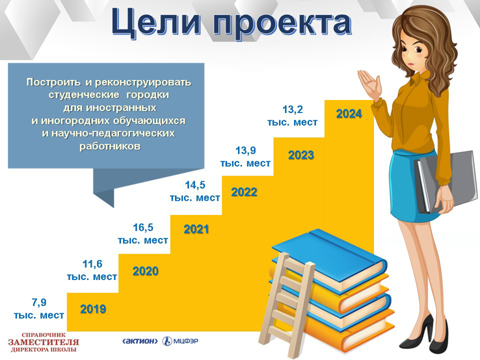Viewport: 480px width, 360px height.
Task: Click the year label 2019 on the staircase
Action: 93,309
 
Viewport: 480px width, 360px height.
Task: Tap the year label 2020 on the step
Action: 146,271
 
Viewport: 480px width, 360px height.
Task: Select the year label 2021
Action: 196,229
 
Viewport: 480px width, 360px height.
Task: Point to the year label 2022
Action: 244,192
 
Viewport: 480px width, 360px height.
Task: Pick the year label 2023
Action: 301,155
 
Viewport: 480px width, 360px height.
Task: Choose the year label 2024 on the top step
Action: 349,114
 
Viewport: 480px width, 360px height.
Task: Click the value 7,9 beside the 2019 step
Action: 39,303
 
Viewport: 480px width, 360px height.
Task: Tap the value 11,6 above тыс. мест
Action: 92,264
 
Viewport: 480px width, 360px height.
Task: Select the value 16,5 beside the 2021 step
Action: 143,227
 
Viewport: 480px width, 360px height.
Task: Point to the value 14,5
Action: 195,185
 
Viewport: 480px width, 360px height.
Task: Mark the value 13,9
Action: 245,150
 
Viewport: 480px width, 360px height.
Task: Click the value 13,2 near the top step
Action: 292,109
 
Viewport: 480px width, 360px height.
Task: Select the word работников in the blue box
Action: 110,146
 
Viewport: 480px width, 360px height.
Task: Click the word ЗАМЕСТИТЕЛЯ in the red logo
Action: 44,342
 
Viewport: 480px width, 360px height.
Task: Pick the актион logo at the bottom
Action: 140,341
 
